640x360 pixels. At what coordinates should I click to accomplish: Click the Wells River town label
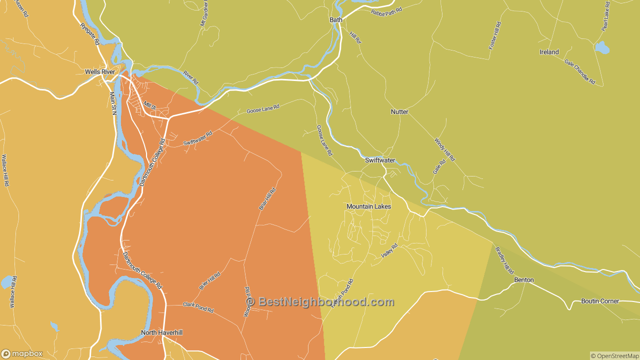pyautogui.click(x=100, y=72)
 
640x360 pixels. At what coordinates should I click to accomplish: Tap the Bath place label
pyautogui.click(x=336, y=20)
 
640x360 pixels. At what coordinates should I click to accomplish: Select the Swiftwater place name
pyautogui.click(x=380, y=160)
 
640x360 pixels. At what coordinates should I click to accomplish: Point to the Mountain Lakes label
pyautogui.click(x=369, y=206)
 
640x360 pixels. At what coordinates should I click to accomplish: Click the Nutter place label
pyautogui.click(x=399, y=112)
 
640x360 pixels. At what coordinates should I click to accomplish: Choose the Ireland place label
pyautogui.click(x=549, y=52)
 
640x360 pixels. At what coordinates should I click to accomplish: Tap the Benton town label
pyautogui.click(x=524, y=280)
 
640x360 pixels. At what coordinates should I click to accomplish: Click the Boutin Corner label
pyautogui.click(x=600, y=301)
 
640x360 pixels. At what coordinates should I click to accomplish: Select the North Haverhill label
pyautogui.click(x=161, y=333)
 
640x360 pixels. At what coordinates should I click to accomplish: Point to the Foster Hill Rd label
pyautogui.click(x=494, y=35)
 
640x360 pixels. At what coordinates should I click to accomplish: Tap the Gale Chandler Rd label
pyautogui.click(x=580, y=71)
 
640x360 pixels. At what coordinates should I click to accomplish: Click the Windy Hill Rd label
pyautogui.click(x=444, y=149)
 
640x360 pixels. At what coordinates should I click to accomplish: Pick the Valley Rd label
pyautogui.click(x=389, y=250)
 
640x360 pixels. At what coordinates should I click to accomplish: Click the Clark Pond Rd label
pyautogui.click(x=198, y=307)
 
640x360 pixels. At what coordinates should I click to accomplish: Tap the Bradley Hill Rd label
pyautogui.click(x=504, y=260)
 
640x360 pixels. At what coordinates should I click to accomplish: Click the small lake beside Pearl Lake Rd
pyautogui.click(x=602, y=48)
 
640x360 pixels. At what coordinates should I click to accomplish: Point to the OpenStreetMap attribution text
pyautogui.click(x=614, y=356)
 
